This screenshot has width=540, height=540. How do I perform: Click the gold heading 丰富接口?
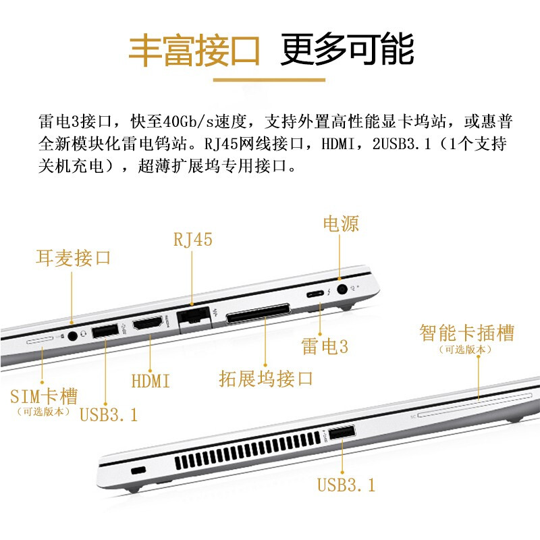point(194,50)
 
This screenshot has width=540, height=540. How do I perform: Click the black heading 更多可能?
point(348,49)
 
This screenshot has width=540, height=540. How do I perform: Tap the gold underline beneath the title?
point(269,80)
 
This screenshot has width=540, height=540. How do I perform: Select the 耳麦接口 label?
point(73,258)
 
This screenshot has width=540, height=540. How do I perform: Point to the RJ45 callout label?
point(193,240)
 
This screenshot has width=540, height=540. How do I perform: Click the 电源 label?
point(341,224)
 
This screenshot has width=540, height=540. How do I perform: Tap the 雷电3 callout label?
point(325,346)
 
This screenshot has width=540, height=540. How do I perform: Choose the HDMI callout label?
point(151,381)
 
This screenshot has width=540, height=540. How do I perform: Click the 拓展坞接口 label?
point(266,379)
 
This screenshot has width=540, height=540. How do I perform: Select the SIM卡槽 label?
point(44,396)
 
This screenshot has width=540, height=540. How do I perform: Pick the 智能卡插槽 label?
point(467,333)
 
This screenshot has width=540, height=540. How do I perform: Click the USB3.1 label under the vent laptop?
point(346,485)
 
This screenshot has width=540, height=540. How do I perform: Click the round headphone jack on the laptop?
point(72,335)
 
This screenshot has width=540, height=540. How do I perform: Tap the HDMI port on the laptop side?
point(148,324)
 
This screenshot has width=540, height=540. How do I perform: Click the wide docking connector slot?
point(258,313)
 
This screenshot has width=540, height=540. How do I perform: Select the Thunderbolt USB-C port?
point(315,294)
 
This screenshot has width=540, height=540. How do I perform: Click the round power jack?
point(342,289)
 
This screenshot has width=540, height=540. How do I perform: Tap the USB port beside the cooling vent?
point(342,433)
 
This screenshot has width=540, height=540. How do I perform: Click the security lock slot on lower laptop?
point(139,470)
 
